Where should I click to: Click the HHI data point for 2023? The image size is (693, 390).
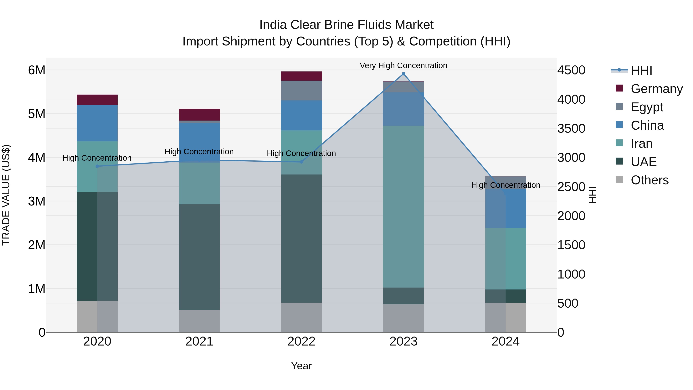(403, 74)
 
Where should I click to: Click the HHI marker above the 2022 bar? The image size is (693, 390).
(301, 162)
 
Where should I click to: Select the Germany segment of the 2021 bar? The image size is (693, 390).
(199, 115)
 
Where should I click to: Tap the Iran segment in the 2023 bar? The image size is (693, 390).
(403, 206)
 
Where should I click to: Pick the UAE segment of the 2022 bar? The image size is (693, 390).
(301, 238)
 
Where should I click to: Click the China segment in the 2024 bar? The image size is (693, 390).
(506, 208)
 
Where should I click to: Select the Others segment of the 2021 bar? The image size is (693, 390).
(199, 321)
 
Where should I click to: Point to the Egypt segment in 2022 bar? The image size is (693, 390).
(301, 91)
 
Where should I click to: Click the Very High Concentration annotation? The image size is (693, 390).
(403, 65)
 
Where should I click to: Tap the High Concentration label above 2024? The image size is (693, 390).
(506, 185)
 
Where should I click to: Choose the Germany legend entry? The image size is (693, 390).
(656, 89)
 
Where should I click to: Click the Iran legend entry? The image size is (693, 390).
(641, 143)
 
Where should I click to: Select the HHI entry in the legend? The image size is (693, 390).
(641, 70)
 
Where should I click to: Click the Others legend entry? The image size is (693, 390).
(649, 180)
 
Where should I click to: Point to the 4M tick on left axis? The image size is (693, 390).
(37, 158)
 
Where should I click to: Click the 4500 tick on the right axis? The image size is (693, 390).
(571, 70)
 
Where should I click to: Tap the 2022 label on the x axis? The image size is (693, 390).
(301, 341)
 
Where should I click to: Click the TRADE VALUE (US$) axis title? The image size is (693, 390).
(6, 195)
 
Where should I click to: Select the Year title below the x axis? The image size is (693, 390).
(301, 366)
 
